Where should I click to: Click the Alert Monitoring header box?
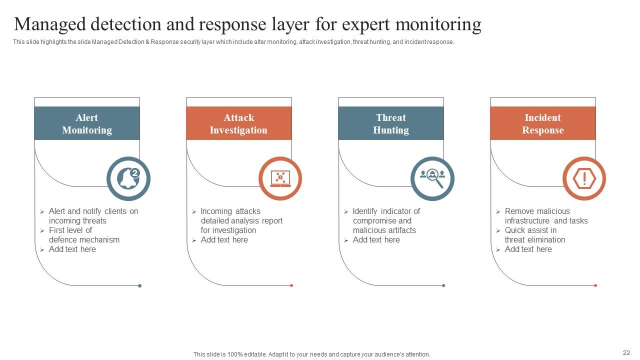[x=87, y=123]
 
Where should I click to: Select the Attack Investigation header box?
[x=238, y=123]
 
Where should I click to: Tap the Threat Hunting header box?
[x=390, y=123]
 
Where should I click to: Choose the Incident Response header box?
[x=542, y=123]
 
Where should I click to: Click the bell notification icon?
[x=128, y=178]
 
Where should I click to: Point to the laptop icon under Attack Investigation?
[x=280, y=178]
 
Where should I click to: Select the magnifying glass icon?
[x=432, y=178]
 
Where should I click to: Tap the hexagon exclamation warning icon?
[x=584, y=178]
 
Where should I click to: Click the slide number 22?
[x=626, y=352]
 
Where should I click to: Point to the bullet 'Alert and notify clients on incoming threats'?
[x=93, y=216]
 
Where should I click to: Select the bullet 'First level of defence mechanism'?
[x=83, y=235]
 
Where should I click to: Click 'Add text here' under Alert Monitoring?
[x=72, y=249]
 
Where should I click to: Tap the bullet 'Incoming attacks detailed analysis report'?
[x=241, y=220]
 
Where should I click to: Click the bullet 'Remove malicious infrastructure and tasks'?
[x=545, y=216]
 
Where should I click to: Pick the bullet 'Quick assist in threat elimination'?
[x=534, y=235]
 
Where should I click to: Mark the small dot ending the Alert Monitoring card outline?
[x=140, y=286]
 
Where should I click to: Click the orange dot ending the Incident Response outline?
[x=595, y=285]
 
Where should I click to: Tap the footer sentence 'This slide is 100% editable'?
[x=311, y=354]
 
